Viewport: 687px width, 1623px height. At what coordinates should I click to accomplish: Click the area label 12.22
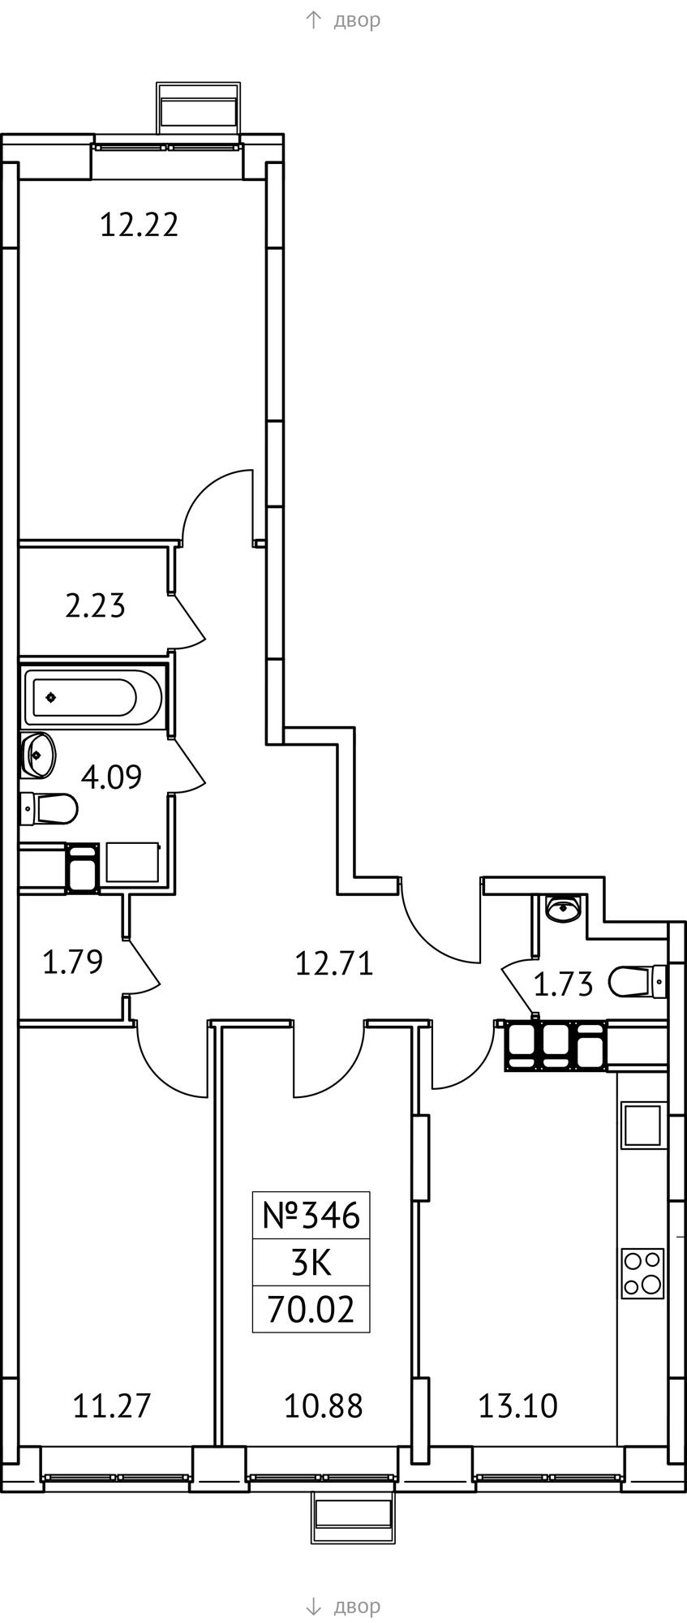[139, 224]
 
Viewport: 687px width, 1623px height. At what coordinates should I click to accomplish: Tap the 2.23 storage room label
[95, 605]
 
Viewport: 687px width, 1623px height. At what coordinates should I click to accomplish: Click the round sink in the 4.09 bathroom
[38, 756]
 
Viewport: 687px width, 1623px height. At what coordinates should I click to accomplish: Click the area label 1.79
[72, 962]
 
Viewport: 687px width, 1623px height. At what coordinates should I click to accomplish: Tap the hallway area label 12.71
[334, 964]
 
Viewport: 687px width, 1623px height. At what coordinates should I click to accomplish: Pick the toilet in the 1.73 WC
[638, 981]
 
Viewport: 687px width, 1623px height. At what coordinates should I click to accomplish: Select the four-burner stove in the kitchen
[643, 1273]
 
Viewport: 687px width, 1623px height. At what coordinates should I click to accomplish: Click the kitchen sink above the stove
[643, 1125]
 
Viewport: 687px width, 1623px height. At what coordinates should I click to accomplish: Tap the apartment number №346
[311, 1216]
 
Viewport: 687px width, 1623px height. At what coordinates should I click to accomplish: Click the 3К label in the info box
[311, 1263]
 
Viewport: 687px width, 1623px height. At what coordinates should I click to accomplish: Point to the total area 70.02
[311, 1310]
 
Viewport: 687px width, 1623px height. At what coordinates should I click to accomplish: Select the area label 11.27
[112, 1406]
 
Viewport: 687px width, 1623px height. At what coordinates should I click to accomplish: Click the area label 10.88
[323, 1406]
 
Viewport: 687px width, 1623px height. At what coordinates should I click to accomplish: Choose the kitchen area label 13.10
[517, 1406]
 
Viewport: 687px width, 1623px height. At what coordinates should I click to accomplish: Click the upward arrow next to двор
[313, 19]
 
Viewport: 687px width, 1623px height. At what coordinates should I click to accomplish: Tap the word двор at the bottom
[357, 1606]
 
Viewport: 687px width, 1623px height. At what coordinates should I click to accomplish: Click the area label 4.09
[111, 777]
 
